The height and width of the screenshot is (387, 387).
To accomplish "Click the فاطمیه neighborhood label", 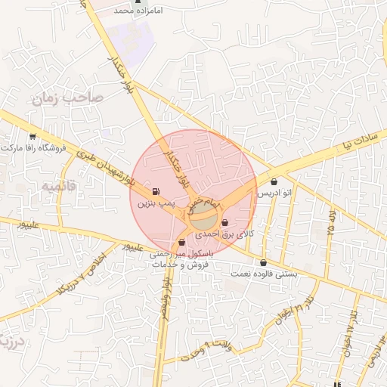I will [60, 184].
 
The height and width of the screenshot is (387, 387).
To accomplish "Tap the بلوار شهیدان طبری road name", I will [106, 172].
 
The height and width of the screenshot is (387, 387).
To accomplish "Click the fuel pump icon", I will [156, 191].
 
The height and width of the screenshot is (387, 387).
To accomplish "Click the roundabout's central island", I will [202, 221].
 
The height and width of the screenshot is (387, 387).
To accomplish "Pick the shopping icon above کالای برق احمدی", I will [226, 222].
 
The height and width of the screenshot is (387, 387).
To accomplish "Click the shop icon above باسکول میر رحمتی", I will [181, 242].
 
